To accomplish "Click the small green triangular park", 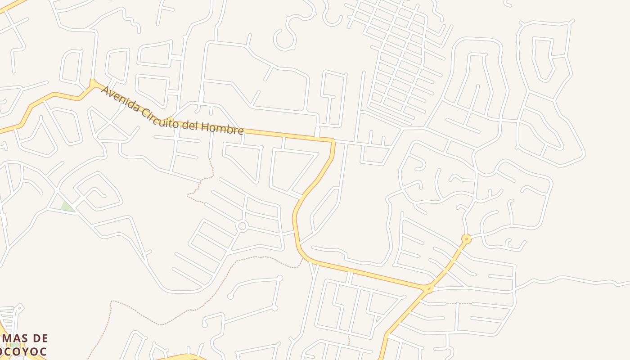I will coord(67,207).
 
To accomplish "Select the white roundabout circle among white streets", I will coord(242,226).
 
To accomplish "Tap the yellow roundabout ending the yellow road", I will coord(467,238).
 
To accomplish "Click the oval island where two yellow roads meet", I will coord(428,288).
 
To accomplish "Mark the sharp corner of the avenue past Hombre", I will coord(333,141).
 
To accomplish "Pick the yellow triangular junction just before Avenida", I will coord(93,83).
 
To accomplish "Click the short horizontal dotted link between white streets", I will coord(459,304).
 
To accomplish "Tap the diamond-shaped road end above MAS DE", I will coord(18,309).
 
